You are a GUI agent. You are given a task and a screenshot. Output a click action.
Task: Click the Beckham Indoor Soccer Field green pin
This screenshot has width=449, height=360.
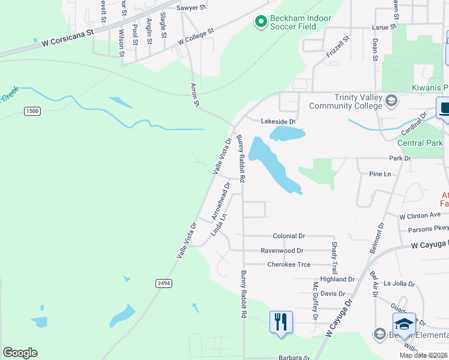[x=261, y=23]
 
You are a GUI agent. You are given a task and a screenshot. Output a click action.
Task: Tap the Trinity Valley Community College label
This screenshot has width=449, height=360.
[x=345, y=101]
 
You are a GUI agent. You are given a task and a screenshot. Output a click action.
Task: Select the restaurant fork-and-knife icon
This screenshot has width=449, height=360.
[x=281, y=322]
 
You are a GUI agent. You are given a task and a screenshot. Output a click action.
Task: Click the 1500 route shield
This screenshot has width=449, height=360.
[x=32, y=111]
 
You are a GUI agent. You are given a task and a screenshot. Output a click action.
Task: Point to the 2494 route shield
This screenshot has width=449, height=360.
[x=163, y=283]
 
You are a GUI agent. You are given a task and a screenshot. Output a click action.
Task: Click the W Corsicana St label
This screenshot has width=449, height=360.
[x=68, y=40]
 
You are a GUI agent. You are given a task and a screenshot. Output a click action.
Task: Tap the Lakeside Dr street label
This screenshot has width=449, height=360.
[x=278, y=121]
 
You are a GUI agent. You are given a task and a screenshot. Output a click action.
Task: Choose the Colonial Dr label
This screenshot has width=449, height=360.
[x=289, y=236]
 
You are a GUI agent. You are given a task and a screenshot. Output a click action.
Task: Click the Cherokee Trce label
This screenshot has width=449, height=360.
[x=289, y=265]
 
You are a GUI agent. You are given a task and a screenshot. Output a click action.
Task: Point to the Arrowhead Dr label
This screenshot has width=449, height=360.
[x=221, y=200]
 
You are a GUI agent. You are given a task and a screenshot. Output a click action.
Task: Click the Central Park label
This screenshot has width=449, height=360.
[x=420, y=143]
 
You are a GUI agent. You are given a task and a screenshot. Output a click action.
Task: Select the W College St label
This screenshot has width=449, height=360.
[x=196, y=37]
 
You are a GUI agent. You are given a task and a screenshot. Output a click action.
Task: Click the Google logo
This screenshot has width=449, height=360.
[x=20, y=353]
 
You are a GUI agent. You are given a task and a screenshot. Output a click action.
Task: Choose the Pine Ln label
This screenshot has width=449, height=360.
[x=379, y=174]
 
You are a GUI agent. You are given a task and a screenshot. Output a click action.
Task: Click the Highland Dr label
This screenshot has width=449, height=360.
[x=337, y=280]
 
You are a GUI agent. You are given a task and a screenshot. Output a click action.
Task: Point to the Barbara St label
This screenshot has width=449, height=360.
[x=289, y=357]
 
